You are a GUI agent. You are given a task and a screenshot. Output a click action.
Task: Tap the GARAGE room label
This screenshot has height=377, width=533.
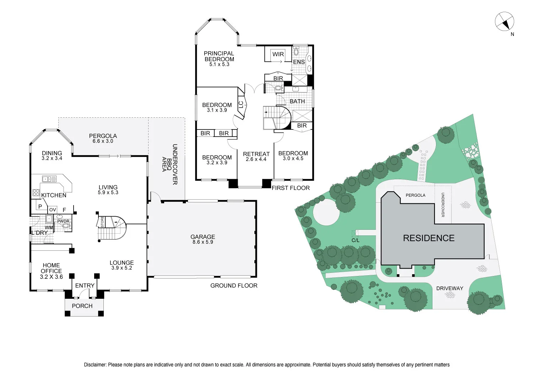(203, 237)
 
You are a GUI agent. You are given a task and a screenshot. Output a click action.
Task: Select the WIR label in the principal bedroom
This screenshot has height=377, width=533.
(278, 54)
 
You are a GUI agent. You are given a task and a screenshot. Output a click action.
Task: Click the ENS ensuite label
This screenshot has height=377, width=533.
(299, 62)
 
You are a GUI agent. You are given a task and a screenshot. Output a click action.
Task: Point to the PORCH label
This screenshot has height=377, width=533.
(82, 306)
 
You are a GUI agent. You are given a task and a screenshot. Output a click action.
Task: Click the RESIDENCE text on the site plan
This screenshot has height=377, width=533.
(429, 238)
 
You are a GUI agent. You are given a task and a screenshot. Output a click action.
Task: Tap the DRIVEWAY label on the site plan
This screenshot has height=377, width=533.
(449, 288)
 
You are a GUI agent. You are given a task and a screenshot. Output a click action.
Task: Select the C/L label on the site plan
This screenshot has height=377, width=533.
(355, 240)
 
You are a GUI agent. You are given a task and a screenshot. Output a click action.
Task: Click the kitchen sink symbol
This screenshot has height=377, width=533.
(49, 179)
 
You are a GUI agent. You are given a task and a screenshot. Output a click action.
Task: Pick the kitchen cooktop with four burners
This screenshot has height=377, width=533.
(36, 193)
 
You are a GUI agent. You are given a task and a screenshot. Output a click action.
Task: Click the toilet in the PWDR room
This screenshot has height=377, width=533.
(66, 225)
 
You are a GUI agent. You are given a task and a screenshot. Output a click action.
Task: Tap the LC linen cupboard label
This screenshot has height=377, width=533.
(241, 105)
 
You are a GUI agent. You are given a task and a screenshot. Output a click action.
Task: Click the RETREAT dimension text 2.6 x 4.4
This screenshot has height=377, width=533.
(256, 159)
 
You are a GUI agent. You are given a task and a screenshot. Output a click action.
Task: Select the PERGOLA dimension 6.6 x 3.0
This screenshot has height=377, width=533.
(103, 141)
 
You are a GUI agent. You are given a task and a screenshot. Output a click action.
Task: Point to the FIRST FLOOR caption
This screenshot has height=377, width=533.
(291, 188)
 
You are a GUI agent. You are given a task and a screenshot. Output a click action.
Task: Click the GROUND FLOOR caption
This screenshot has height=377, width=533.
(234, 286)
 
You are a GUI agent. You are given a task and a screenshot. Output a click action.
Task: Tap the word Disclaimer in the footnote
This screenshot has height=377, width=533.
(95, 365)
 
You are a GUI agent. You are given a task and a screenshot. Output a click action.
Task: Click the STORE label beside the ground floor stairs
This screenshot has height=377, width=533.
(102, 222)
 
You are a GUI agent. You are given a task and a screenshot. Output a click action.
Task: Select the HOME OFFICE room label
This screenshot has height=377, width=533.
(51, 268)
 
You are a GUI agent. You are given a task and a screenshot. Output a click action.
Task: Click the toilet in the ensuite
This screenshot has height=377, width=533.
(296, 52)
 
